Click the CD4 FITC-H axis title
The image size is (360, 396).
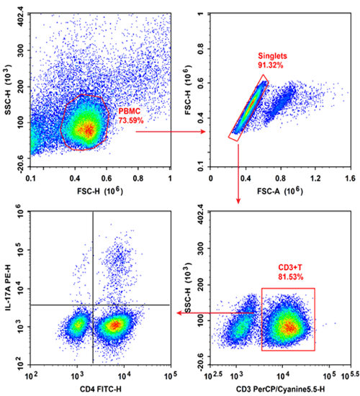pyautogui.click(x=99, y=390)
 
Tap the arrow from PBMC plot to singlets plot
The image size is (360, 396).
pyautogui.click(x=170, y=132)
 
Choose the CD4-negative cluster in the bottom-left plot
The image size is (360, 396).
pyautogui.click(x=77, y=326)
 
